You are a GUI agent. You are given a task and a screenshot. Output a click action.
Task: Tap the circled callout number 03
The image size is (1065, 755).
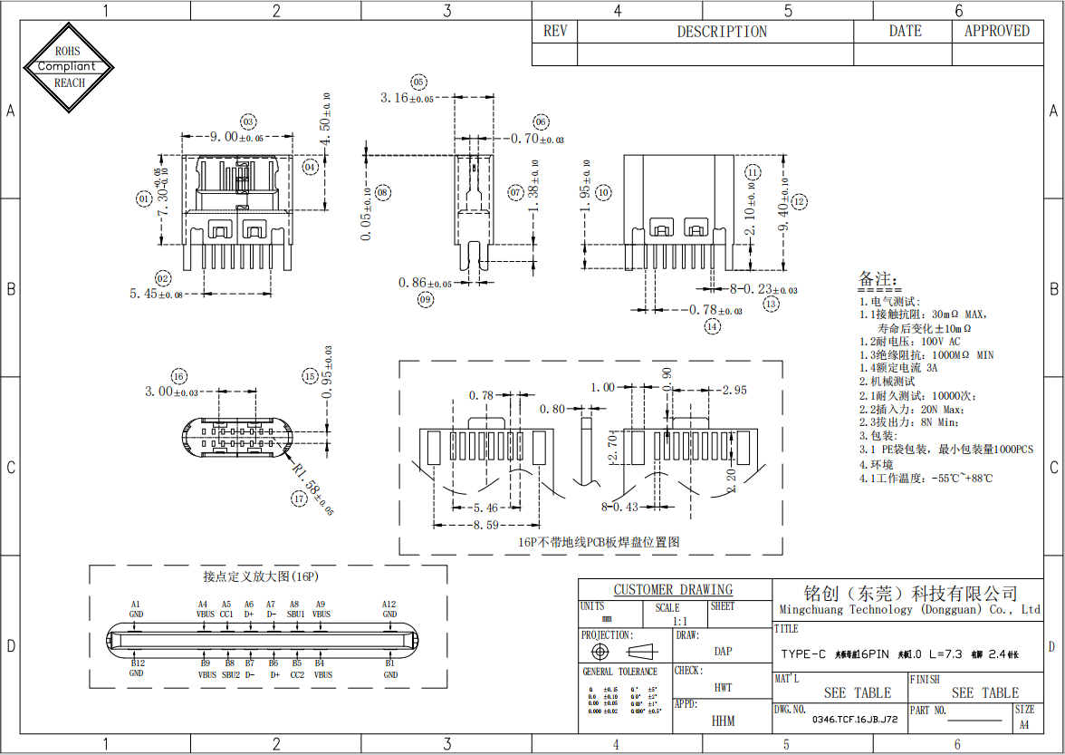coord(248,121)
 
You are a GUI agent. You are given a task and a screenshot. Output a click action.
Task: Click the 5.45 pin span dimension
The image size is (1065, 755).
coord(156,294)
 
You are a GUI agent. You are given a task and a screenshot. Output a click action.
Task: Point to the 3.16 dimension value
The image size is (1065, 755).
coord(407,98)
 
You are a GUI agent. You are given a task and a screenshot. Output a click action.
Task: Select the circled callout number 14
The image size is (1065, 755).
coord(713,325)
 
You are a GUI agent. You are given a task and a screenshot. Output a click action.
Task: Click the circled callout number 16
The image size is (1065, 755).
coord(178,376)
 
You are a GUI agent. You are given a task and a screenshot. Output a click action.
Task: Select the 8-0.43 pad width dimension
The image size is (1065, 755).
coord(619,507)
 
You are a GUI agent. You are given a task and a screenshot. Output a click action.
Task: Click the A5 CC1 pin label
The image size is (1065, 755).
coord(226,609)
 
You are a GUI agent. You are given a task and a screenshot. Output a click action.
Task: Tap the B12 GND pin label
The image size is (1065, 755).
coord(136,669)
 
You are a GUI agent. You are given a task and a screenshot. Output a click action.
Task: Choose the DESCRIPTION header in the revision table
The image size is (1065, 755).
coord(722,32)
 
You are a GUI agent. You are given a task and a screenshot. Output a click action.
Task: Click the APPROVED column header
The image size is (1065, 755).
coord(996,31)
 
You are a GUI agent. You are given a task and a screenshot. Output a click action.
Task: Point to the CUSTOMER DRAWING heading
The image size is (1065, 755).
coord(673,590)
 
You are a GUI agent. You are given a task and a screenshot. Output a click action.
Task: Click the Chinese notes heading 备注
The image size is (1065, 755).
coord(878,278)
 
